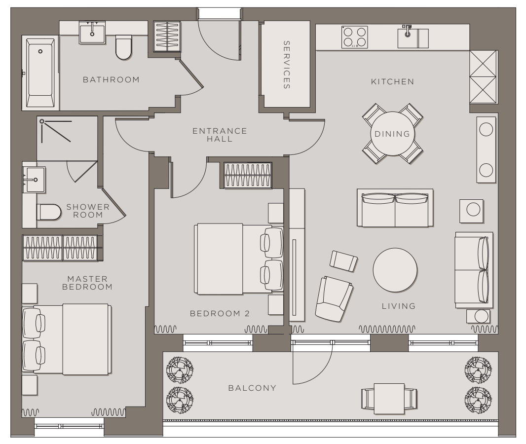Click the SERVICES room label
(286, 65)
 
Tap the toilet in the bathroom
(123, 47)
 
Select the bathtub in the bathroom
(40, 73)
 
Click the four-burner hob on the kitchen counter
(355, 37)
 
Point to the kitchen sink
(413, 37)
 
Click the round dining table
(392, 134)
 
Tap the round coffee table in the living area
(395, 270)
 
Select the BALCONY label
(252, 388)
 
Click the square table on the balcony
(389, 399)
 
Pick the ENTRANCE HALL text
(220, 135)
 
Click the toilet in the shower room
(49, 212)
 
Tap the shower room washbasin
(34, 180)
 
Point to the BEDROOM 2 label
(220, 314)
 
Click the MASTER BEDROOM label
(87, 283)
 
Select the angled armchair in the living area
(334, 299)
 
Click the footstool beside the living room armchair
(343, 261)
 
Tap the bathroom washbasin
(92, 33)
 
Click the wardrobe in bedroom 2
(248, 176)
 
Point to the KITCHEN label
(392, 81)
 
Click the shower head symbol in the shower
(41, 121)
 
